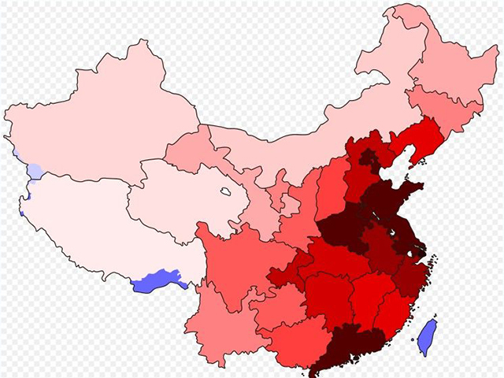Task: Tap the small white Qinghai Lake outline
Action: (x=225, y=191)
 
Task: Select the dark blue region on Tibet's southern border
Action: (x=156, y=280)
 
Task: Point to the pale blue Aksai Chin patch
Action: (x=35, y=172)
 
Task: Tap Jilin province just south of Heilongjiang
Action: (x=441, y=106)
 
